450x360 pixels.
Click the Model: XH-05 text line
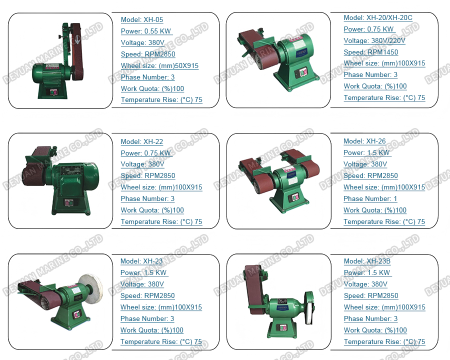point(142,20)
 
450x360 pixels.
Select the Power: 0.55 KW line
point(146,31)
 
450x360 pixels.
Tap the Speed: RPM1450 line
point(371,52)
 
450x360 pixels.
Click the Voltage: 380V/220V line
point(374,41)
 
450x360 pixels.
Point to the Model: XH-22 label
point(142,142)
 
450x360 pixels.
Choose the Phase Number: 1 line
point(370,198)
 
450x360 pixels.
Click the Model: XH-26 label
point(364,141)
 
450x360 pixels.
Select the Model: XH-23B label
point(367,261)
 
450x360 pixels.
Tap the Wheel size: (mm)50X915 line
point(159,65)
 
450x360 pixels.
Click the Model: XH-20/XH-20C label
point(378,18)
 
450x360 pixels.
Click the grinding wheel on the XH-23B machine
point(309,308)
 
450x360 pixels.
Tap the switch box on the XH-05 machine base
point(53,92)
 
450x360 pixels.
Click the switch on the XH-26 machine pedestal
point(295,197)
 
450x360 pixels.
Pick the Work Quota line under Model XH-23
point(152,330)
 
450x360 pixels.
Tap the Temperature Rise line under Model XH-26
point(384,221)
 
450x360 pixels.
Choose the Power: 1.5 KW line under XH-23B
point(367,272)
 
